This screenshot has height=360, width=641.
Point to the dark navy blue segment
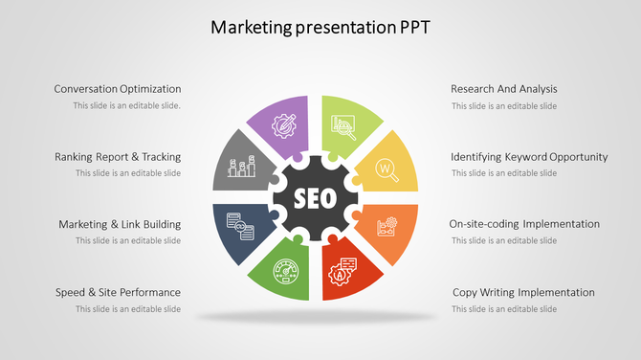[x=239, y=229]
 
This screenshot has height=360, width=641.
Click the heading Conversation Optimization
[x=118, y=89]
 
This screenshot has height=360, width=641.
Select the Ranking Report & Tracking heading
[x=118, y=157]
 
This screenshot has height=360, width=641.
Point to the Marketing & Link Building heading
[x=120, y=224]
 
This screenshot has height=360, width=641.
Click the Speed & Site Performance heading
[x=118, y=292]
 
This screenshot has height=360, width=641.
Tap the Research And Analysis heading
[x=503, y=89]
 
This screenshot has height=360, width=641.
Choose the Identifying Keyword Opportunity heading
[x=529, y=157]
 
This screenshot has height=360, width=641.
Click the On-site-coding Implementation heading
[x=524, y=224]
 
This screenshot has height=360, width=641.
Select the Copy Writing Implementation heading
[x=523, y=292]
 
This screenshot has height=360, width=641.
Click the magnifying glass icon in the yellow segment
[x=387, y=169]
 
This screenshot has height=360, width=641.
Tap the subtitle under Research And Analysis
[x=504, y=106]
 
